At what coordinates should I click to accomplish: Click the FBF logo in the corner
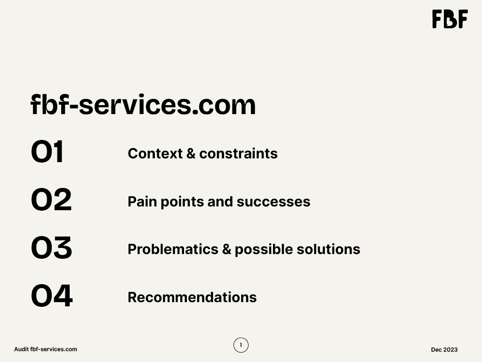[x=450, y=19]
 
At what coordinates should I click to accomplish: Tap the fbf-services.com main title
[x=143, y=104]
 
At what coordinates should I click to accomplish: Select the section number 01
[x=48, y=151]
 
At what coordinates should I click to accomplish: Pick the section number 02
[x=51, y=199]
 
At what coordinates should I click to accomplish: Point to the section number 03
[x=52, y=247]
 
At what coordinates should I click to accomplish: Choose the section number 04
[x=52, y=296]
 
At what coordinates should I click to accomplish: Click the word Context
[x=155, y=153]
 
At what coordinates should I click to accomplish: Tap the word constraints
[x=239, y=153]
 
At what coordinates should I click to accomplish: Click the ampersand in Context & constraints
[x=191, y=153]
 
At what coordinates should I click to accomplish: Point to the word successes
[x=273, y=202]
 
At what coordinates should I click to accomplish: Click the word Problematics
[x=173, y=249]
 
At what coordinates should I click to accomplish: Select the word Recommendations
[x=192, y=297]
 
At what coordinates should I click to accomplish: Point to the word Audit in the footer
[x=22, y=349]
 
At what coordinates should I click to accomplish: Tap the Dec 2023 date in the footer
[x=444, y=349]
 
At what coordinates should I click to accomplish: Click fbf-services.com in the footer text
[x=54, y=349]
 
